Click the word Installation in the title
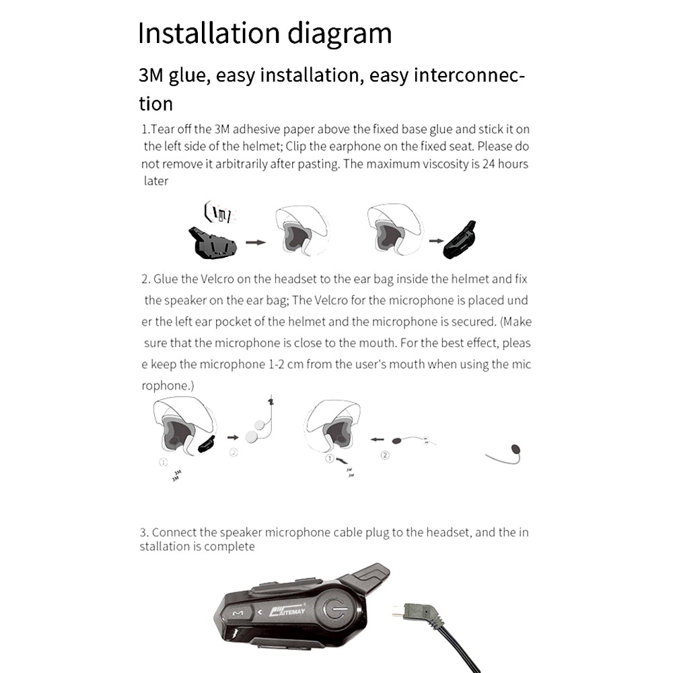click(197, 34)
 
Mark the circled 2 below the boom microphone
click(385, 456)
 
